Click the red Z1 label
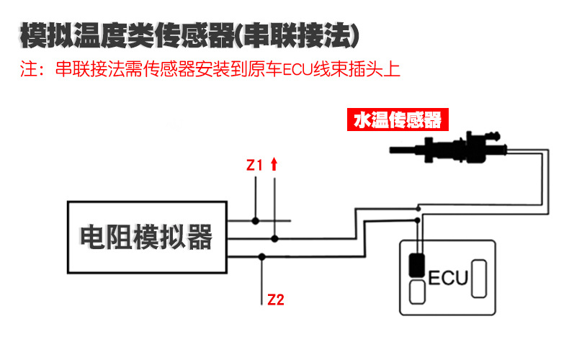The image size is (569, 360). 255,166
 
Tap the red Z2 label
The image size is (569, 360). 275,299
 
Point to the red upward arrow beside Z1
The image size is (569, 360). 274,164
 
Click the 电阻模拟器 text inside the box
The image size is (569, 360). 146,237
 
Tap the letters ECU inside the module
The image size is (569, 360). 448,277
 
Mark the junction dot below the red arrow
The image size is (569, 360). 274,238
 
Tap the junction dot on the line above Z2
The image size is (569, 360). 262,256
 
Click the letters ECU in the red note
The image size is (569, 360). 295,71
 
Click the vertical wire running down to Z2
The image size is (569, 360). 262,277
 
